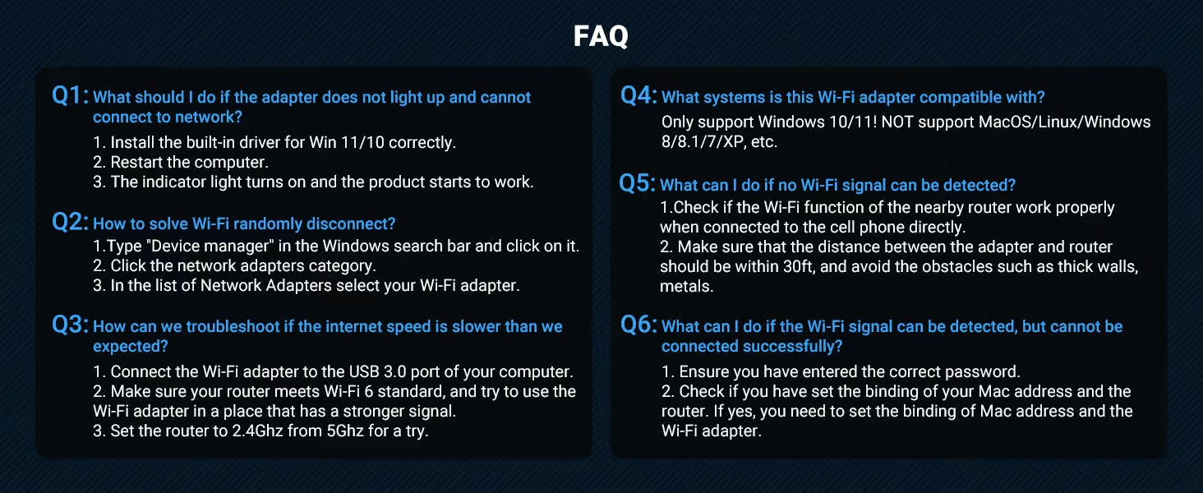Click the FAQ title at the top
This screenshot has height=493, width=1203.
tap(601, 36)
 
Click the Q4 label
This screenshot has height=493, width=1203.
tap(638, 95)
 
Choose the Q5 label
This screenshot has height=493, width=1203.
tap(637, 183)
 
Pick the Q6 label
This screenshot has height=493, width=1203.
tap(638, 325)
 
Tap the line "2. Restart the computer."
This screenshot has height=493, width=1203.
tap(181, 162)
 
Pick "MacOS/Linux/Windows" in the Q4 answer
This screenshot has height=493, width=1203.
tap(1064, 122)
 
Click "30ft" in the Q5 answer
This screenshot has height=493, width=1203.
tap(799, 266)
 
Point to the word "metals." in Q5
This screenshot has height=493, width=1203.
tap(686, 286)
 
